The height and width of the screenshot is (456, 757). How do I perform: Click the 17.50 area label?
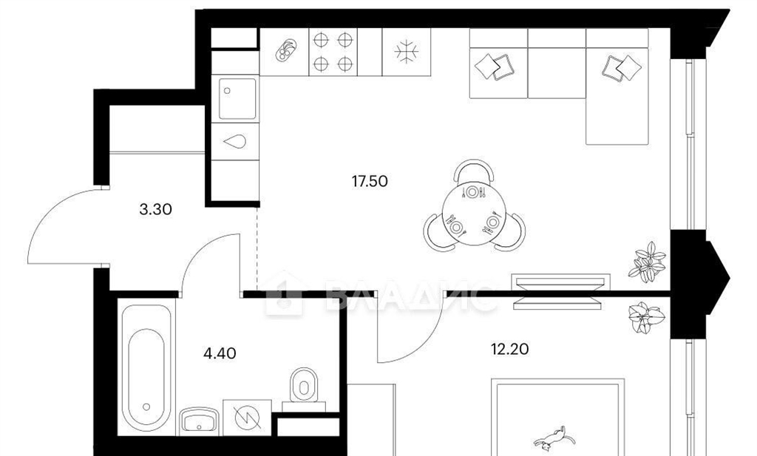click(x=370, y=181)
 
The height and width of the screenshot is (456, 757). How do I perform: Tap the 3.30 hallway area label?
click(x=155, y=209)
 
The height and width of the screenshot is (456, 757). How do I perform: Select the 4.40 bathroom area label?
click(x=220, y=354)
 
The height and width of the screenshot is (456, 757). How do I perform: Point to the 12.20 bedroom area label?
click(x=510, y=348)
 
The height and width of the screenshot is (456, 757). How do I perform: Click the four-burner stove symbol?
click(x=333, y=52)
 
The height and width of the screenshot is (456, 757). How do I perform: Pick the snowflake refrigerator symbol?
click(x=406, y=52)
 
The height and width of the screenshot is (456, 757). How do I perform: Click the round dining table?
click(x=474, y=215)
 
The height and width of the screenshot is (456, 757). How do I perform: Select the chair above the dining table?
click(x=474, y=171)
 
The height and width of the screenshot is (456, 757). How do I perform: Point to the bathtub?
click(x=146, y=367)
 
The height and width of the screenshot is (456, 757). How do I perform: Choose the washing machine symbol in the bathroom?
click(x=247, y=418)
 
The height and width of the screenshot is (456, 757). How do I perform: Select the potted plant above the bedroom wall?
click(x=648, y=262)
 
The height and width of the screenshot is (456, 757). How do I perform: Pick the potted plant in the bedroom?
click(x=647, y=318)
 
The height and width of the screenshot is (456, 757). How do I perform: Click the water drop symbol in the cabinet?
click(x=235, y=141)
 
